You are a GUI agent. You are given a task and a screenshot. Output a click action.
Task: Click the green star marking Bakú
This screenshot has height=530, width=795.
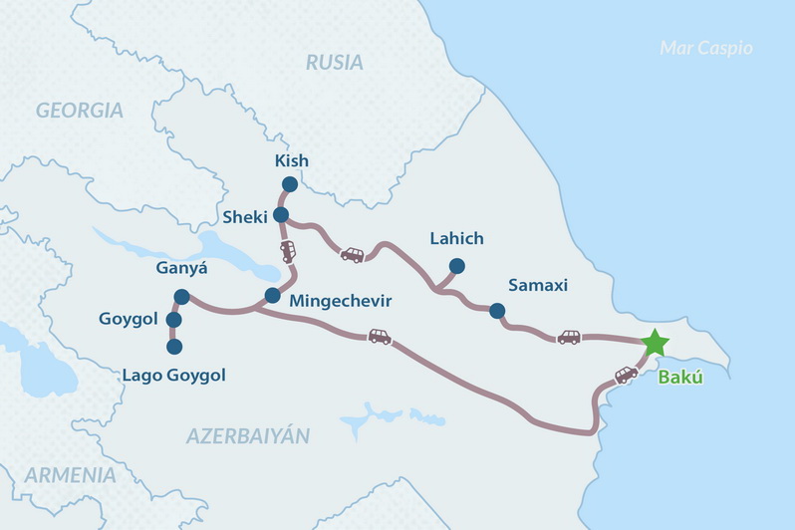coord(655,343)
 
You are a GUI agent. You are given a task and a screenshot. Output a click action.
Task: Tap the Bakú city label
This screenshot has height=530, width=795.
coord(676,379)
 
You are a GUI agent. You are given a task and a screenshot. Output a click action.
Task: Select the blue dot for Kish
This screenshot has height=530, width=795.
coord(290,184)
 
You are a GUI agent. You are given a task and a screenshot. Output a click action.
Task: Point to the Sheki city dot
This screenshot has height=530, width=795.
coord(281,215)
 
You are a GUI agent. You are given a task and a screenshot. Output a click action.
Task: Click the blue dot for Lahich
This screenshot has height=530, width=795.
coord(456,266)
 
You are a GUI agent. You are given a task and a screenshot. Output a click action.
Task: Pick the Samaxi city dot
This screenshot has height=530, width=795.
coord(497,311)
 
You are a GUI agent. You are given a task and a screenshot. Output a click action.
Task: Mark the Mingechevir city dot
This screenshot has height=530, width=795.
coord(272,295)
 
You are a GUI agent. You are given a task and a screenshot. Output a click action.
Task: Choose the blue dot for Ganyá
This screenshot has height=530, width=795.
coord(181,296)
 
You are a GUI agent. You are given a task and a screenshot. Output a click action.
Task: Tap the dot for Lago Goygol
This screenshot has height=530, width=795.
coord(174,347)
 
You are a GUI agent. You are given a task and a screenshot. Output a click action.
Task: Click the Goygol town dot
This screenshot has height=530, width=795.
coord(173,320)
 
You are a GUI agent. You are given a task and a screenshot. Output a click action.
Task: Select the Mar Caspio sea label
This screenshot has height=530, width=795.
coord(706,48)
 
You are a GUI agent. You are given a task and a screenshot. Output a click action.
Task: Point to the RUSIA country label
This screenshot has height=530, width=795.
coord(336,62)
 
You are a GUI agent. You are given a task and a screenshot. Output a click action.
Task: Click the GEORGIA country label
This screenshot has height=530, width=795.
coord(80,111)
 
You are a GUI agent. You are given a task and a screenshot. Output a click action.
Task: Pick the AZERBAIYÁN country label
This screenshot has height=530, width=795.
coord(248,436)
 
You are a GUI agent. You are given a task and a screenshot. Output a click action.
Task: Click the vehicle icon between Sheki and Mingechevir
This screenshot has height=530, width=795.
coord(288,252)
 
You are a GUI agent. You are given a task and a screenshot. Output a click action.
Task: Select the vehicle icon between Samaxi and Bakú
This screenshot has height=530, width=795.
coord(569,337)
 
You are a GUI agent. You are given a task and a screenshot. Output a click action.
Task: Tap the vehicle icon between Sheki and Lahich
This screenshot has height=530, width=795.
coord(353,255)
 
